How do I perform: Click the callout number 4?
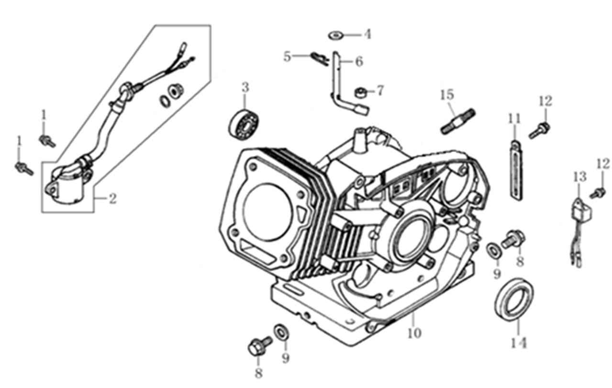[x=367, y=34]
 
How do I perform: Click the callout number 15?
[x=447, y=95]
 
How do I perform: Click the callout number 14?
[x=519, y=343]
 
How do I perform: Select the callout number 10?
[x=414, y=333]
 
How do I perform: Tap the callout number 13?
[x=579, y=177]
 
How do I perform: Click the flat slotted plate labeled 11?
[x=514, y=170]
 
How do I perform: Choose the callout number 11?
[x=514, y=118]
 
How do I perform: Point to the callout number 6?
[x=359, y=61]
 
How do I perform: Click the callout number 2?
[x=112, y=199]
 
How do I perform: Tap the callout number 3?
[x=245, y=88]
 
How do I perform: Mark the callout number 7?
[x=380, y=90]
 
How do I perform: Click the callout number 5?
[x=287, y=57]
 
